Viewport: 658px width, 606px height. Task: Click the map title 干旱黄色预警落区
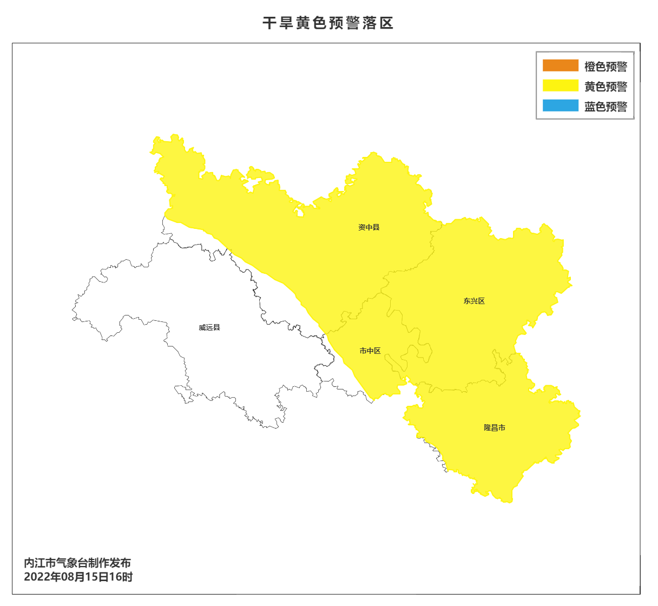click(x=328, y=23)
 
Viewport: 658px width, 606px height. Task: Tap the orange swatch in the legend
click(x=561, y=65)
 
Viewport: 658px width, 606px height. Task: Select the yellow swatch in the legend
click(x=561, y=85)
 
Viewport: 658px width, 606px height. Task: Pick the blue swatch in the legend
click(x=561, y=106)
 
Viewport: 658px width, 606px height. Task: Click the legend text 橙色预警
click(x=606, y=67)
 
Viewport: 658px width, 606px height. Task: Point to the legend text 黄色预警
click(x=606, y=87)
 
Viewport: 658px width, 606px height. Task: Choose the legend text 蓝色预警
click(x=606, y=107)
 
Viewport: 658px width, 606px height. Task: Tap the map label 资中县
click(x=369, y=227)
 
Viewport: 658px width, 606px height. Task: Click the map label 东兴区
click(x=474, y=301)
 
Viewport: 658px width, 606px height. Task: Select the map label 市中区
click(x=370, y=351)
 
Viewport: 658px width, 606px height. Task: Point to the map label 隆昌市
click(x=495, y=427)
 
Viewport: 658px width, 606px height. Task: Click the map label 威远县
click(x=209, y=327)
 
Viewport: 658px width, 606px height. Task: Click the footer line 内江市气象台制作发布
click(x=77, y=563)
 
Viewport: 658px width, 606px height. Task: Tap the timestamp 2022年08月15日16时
click(x=78, y=577)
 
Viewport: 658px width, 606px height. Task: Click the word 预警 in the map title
click(x=345, y=23)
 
